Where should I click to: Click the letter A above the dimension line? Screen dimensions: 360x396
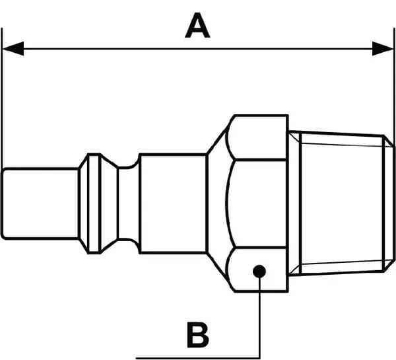click(x=197, y=26)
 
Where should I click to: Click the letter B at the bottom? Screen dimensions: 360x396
click(x=197, y=335)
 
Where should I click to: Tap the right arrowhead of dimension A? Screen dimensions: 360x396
click(x=383, y=48)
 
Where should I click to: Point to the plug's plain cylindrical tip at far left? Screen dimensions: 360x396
click(x=40, y=203)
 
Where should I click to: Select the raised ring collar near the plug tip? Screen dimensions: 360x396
click(x=94, y=203)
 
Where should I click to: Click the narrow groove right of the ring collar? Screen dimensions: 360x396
click(x=127, y=203)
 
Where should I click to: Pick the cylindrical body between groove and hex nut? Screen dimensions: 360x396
click(x=173, y=203)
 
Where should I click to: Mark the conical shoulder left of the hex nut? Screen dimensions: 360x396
click(x=216, y=203)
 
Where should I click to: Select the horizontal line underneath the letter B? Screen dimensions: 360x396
click(x=198, y=357)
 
